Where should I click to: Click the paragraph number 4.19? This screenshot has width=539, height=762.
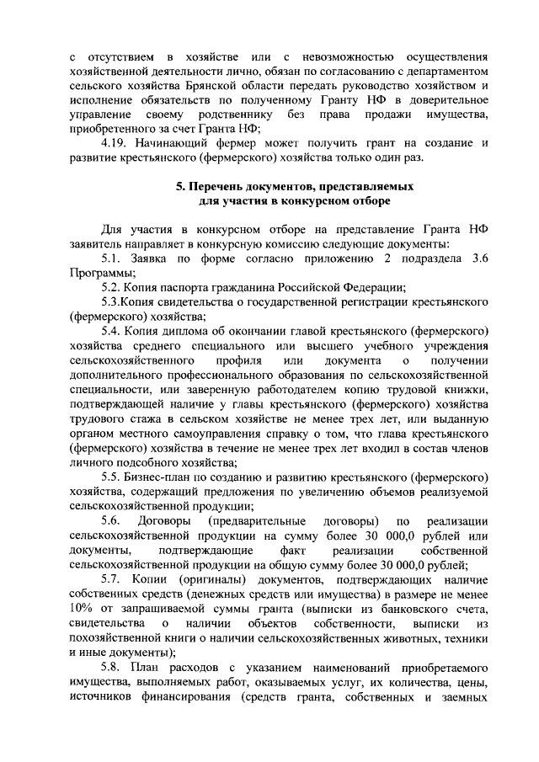pyautogui.click(x=113, y=143)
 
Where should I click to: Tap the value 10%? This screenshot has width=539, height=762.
pyautogui.click(x=83, y=608)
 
